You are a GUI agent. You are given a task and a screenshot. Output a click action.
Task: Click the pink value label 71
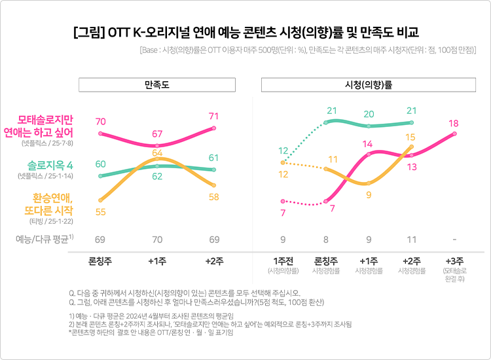pyautogui.click(x=213, y=117)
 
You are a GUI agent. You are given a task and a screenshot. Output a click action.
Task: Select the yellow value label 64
pyautogui.click(x=157, y=153)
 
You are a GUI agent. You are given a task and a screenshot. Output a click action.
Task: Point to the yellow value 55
pyautogui.click(x=101, y=212)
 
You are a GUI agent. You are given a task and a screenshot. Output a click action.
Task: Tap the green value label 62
pyautogui.click(x=157, y=176)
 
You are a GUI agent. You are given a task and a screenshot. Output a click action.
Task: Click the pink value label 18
pyautogui.click(x=454, y=124)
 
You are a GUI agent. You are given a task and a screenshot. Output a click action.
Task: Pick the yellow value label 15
pyautogui.click(x=410, y=137)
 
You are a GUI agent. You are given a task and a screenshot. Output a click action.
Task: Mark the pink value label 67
pyautogui.click(x=157, y=134)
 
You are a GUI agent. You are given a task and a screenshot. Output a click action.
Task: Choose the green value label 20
pyautogui.click(x=369, y=114)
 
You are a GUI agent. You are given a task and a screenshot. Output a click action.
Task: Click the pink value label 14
pyautogui.click(x=369, y=144)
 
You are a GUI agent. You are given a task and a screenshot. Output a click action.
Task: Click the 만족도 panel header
pyautogui.click(x=157, y=85)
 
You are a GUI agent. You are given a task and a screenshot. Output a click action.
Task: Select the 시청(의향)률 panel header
pyautogui.click(x=369, y=85)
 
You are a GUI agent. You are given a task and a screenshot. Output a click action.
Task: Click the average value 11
pyautogui.click(x=410, y=239)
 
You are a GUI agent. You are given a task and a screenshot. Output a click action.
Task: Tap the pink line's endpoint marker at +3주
pyautogui.click(x=454, y=134)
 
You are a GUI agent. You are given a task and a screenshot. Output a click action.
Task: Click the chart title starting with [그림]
pyautogui.click(x=245, y=31)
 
